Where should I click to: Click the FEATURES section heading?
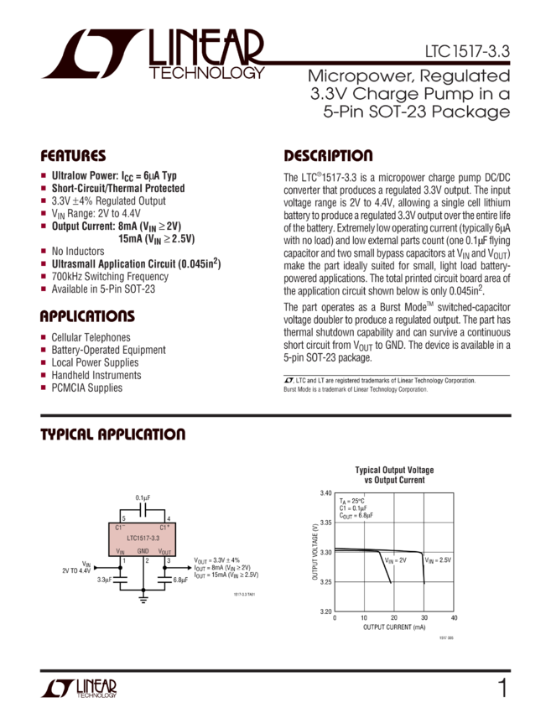74,157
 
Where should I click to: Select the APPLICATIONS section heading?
87,317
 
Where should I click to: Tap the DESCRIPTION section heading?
328,157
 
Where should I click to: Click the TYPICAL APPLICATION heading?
113,435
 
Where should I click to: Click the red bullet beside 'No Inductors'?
43,251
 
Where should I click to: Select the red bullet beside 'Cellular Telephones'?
43,337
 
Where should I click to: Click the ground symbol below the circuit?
143,599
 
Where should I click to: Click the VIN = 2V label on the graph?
395,559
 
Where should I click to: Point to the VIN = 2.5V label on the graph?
437,559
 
